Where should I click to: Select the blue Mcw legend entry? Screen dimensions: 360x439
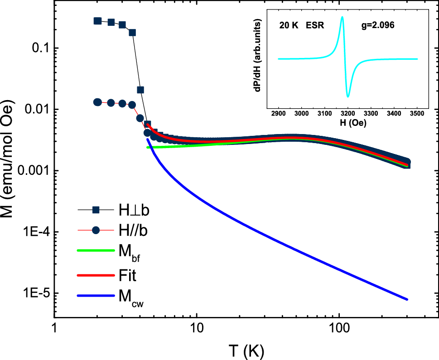click(96, 296)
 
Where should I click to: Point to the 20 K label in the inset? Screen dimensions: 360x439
click(289, 26)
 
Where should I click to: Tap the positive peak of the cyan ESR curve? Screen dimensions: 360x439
click(342, 17)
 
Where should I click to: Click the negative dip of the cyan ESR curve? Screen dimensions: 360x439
click(348, 96)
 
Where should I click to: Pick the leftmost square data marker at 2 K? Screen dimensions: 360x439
click(97, 21)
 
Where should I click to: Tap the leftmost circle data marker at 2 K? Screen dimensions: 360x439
click(97, 102)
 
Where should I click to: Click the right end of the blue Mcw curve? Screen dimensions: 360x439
click(407, 299)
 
